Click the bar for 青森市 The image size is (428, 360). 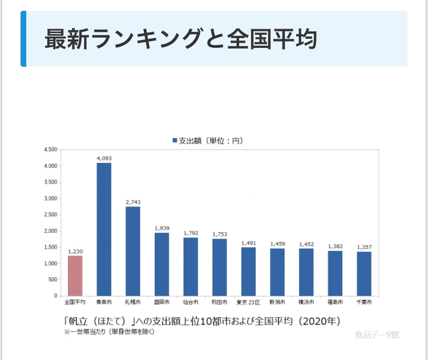104,229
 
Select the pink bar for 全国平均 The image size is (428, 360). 75,276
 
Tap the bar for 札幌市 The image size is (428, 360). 133,251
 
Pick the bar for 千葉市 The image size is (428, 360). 364,273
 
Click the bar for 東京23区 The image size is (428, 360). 248,272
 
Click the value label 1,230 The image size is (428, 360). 75,252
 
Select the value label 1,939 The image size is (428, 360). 161,228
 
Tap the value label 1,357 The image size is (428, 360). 364,247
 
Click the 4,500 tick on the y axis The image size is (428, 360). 50,149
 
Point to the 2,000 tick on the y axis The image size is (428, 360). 50,231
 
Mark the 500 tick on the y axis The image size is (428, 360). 52,280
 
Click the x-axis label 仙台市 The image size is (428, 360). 190,302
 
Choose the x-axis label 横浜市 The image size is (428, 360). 306,302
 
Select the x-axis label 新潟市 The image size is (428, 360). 277,302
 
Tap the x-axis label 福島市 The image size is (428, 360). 335,302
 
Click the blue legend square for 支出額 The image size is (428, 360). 175,140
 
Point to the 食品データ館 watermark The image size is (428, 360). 377,335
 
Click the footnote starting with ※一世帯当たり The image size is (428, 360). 109,331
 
